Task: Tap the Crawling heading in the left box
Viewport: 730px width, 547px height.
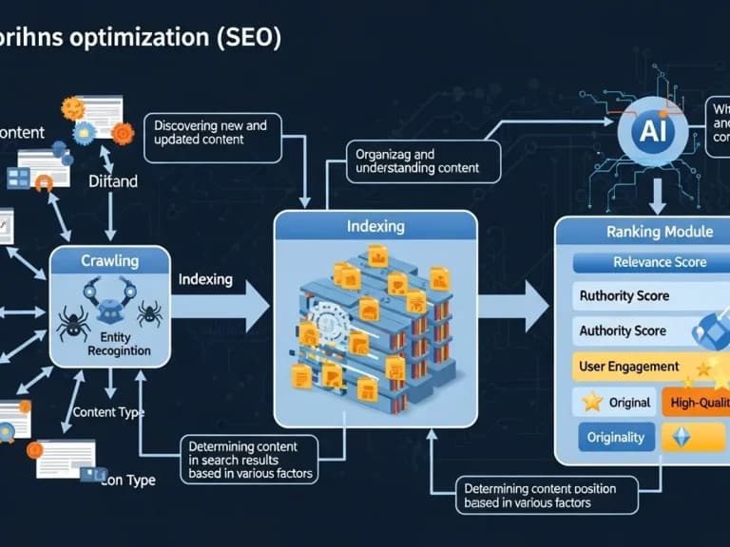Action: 109,260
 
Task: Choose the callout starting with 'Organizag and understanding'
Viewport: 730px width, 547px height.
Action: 414,161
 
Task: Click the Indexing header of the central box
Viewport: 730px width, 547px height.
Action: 375,227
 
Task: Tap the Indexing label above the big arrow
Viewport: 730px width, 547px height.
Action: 204,279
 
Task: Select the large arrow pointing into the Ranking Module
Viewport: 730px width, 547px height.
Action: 512,306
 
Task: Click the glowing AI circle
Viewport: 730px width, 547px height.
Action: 653,133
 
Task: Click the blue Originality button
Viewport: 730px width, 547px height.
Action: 616,438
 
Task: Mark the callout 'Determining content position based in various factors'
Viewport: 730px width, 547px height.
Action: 539,496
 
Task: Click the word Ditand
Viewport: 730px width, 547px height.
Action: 112,180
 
